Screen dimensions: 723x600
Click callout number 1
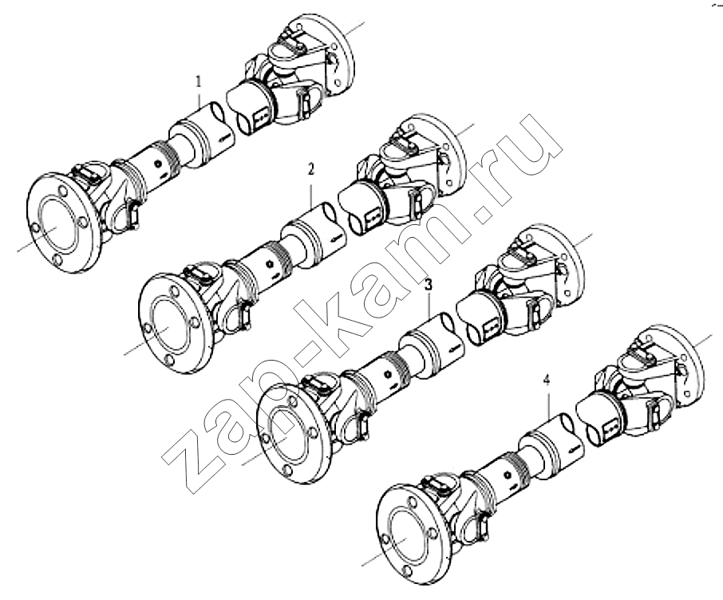pos(199,82)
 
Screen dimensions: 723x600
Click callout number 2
pos(311,169)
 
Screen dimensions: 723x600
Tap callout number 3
pos(429,285)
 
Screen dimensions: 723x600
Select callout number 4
pos(547,381)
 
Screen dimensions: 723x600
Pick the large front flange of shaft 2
pos(176,324)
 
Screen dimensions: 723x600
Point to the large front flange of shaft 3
pos(293,433)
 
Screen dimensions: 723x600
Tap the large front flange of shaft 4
pos(413,534)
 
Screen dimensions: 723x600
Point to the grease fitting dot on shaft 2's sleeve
pos(271,264)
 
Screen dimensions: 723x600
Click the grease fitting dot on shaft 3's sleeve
pos(389,373)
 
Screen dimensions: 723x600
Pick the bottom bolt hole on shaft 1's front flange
pos(57,261)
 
